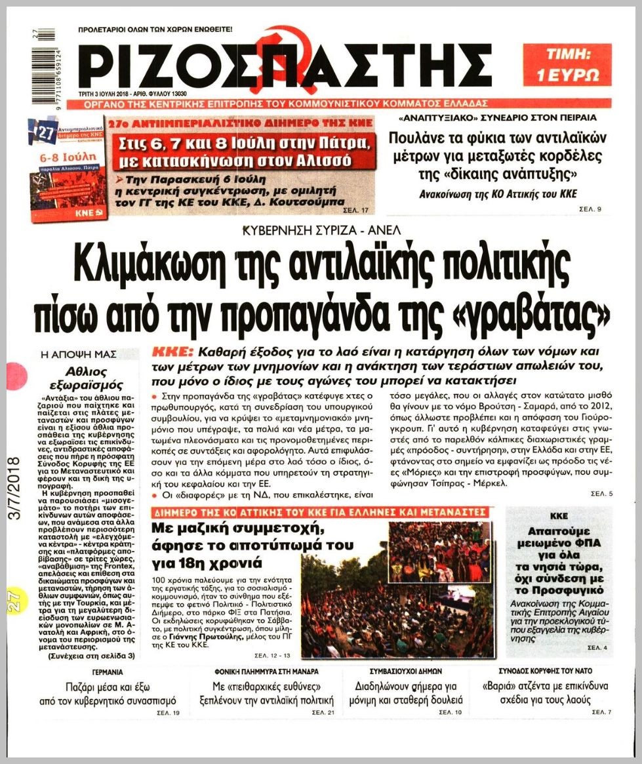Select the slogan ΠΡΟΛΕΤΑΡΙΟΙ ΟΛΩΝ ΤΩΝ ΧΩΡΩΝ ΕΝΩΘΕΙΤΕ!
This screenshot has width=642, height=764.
pos(155,30)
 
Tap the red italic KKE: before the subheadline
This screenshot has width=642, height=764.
pos(172,351)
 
